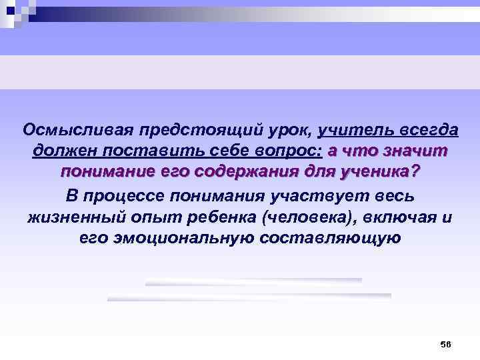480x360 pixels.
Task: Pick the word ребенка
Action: coord(223,217)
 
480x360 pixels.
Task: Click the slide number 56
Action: coord(445,344)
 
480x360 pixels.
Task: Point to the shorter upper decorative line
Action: coord(253,281)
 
